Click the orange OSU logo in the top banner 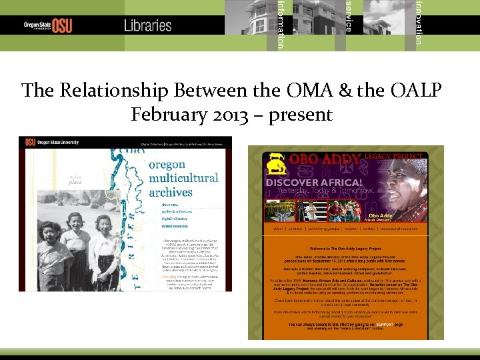[x=62, y=25]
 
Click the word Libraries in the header [x=147, y=25]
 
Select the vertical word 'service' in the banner [x=348, y=16]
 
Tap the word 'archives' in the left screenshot [x=170, y=192]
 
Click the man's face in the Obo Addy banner [x=405, y=183]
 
